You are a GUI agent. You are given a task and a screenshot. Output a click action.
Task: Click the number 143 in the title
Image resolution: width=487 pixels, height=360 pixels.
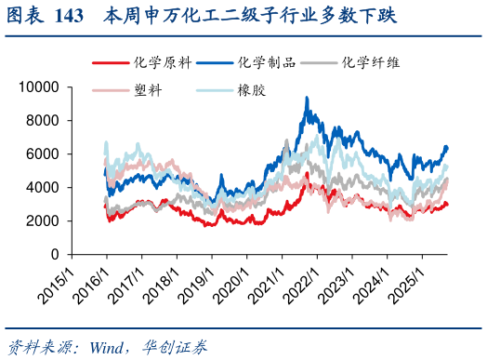pos(71,16)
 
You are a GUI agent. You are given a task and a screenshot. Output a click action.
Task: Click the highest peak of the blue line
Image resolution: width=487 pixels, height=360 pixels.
pos(308,98)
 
